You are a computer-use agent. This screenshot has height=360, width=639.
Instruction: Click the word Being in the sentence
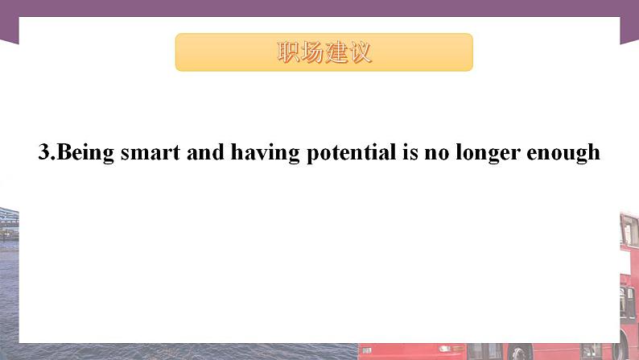86,153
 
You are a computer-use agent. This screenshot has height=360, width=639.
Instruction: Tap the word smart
150,153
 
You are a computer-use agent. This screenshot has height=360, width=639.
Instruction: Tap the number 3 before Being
43,153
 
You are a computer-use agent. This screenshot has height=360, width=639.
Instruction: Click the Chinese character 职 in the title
288,52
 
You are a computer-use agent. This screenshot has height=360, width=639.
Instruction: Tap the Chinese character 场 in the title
312,52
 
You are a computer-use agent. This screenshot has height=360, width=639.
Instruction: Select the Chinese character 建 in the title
336,52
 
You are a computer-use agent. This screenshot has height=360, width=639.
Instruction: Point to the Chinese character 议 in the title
361,52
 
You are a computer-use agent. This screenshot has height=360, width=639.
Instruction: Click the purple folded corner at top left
9,28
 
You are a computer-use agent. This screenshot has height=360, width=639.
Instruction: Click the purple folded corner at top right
629,28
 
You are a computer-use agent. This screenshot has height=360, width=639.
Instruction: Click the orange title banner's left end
183,52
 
